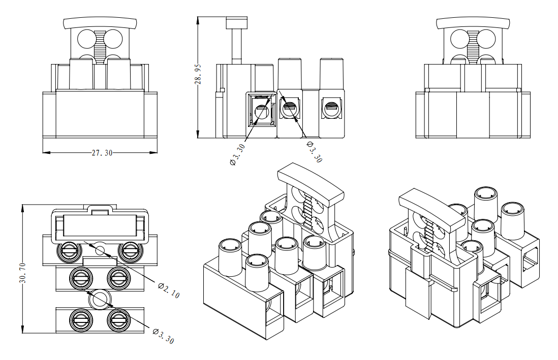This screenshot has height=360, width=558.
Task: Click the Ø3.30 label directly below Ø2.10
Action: point(163,336)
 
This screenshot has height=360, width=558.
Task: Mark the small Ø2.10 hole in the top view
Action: point(100,250)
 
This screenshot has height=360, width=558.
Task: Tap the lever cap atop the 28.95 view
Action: point(236,23)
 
